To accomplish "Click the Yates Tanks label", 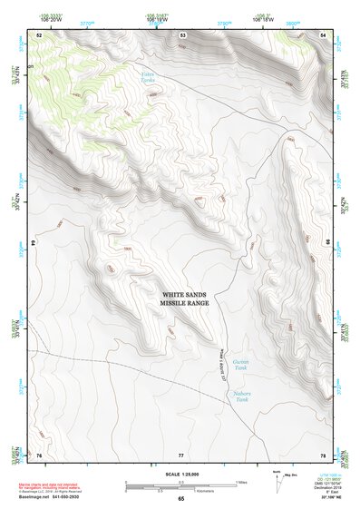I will pyautogui.click(x=149, y=77).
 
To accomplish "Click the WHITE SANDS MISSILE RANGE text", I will pyautogui.click(x=185, y=299).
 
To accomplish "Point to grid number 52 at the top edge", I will pyautogui.click(x=39, y=34).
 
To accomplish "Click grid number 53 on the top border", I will pyautogui.click(x=183, y=34).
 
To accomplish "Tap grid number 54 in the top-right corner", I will pyautogui.click(x=324, y=34).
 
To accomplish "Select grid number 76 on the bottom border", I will pyautogui.click(x=39, y=454).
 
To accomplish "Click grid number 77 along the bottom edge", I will pyautogui.click(x=181, y=454).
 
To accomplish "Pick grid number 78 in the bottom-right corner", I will pyautogui.click(x=323, y=454).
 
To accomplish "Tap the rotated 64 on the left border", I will pyautogui.click(x=37, y=243).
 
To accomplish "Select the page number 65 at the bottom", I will pyautogui.click(x=180, y=500).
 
